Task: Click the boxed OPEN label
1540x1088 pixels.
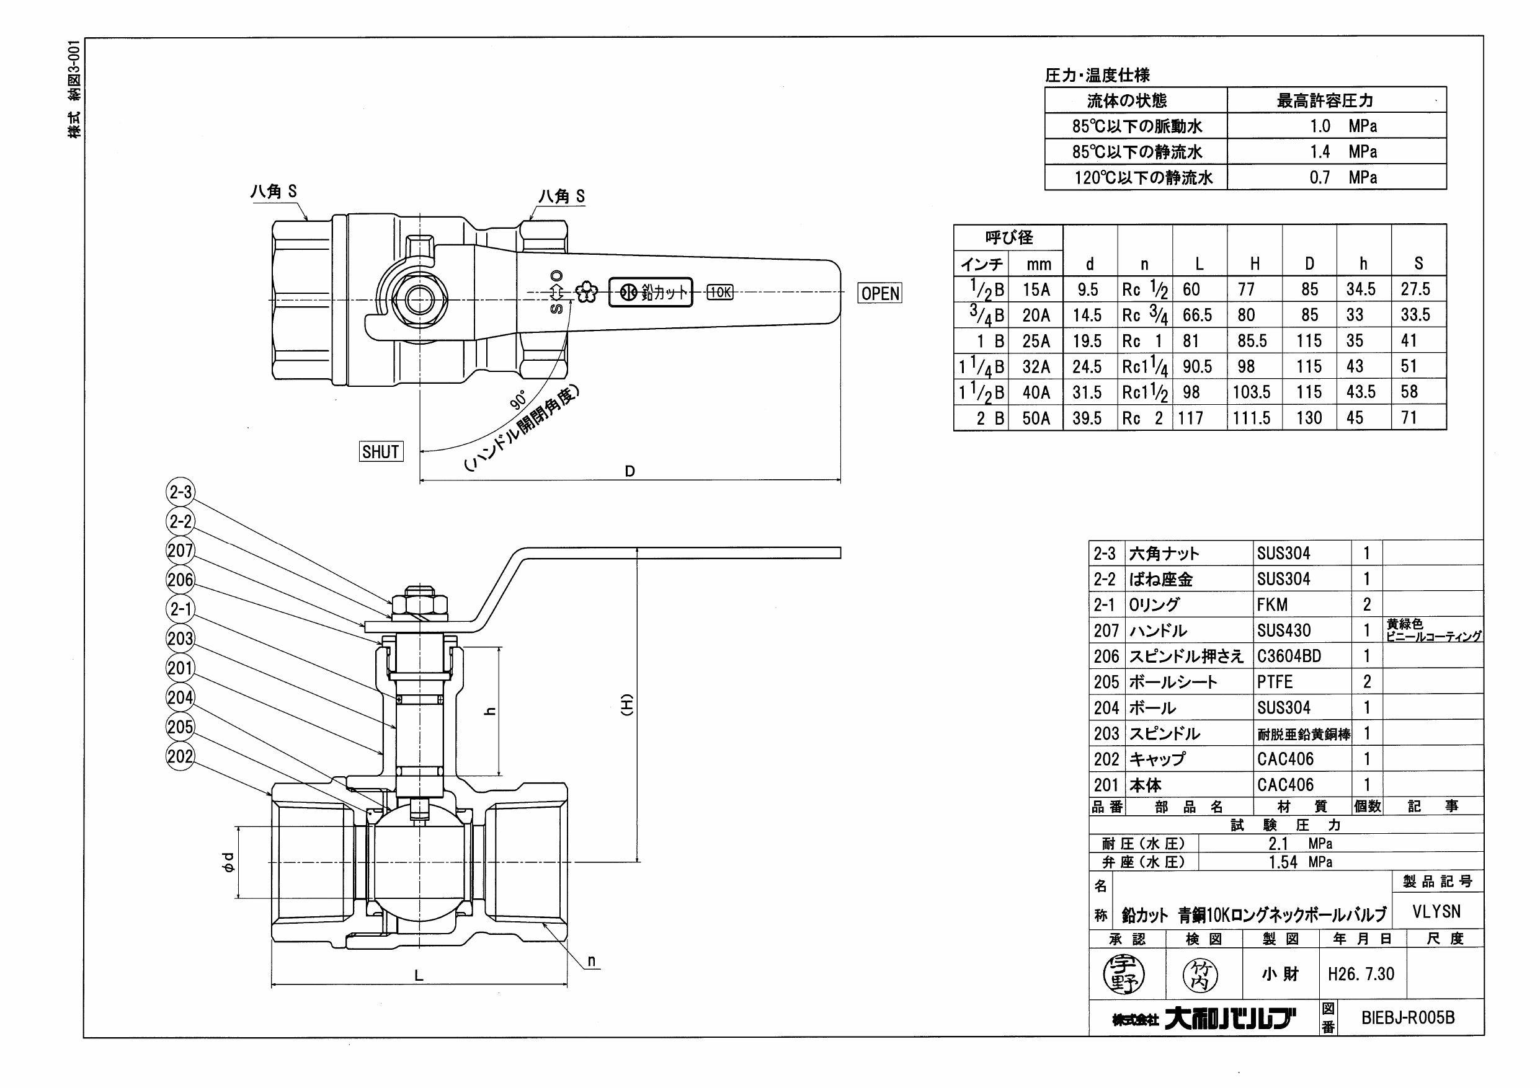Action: click(880, 293)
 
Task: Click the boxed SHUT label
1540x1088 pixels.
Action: click(380, 452)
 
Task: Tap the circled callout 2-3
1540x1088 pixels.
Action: click(180, 492)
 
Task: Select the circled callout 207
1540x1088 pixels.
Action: click(180, 551)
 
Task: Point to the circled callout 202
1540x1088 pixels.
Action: click(180, 756)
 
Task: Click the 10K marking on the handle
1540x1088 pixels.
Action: click(719, 292)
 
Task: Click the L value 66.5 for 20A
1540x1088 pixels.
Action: click(1197, 315)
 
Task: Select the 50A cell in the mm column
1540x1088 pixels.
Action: click(1036, 418)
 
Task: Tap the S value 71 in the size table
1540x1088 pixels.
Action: click(1409, 418)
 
